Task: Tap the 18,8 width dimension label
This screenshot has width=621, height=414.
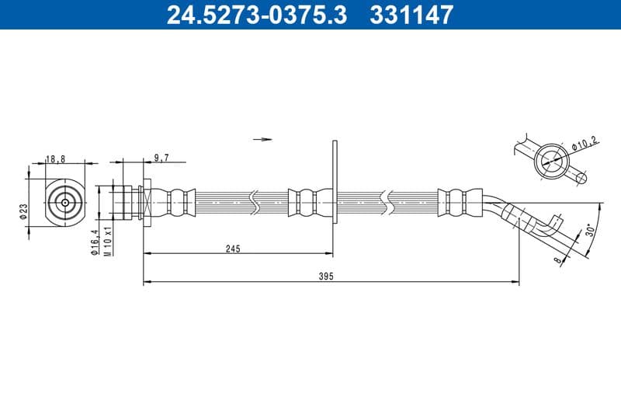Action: coord(55,158)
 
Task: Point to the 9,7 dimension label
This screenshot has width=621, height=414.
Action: coord(161,158)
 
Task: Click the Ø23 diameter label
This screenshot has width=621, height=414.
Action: coord(24,210)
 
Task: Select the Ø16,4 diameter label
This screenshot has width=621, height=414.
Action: coord(94,242)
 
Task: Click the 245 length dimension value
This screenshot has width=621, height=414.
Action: coord(233,249)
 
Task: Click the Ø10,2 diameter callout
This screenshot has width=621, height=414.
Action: coord(583,144)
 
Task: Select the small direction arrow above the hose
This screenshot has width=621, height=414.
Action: coord(264,140)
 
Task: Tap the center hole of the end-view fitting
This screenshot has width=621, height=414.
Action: coord(64,203)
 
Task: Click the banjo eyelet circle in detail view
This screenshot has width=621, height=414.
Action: coord(551,161)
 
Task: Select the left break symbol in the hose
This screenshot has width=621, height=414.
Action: coord(255,202)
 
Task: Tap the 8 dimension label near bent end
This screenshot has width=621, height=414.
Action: coord(558,261)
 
